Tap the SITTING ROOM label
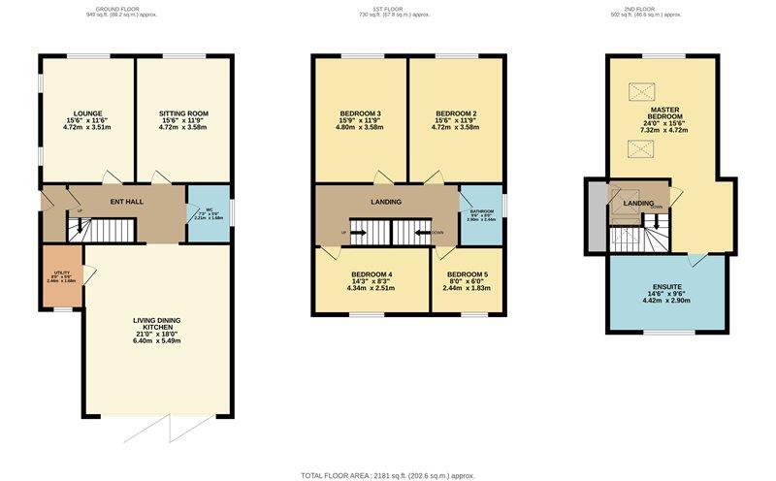coord(182,113)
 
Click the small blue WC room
coord(209,212)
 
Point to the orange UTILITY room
coord(61,275)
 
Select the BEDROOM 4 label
coord(372,273)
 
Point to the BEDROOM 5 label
coord(467,273)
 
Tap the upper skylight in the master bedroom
coord(639,92)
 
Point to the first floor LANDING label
coord(385,201)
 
